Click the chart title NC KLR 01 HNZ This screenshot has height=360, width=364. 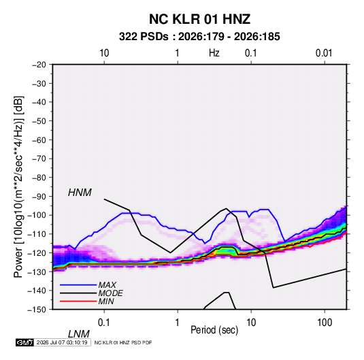(x=199, y=19)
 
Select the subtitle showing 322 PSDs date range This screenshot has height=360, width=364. (x=199, y=37)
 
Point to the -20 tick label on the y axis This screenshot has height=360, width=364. (x=39, y=65)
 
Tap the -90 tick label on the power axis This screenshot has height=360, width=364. (x=39, y=197)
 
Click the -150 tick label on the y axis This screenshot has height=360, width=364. (x=37, y=310)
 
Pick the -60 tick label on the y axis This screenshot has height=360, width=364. (x=39, y=140)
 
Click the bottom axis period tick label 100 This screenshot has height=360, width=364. (x=325, y=323)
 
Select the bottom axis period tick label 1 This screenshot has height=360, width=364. (x=178, y=323)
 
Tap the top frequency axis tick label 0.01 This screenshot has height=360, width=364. (x=324, y=53)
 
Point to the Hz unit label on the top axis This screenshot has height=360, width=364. (x=214, y=53)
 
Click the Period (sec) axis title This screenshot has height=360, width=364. (x=214, y=330)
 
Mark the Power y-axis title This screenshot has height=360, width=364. (x=18, y=186)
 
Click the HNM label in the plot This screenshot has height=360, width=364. (x=80, y=193)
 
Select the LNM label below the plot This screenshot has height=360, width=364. (x=78, y=334)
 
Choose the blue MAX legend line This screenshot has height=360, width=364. (x=78, y=285)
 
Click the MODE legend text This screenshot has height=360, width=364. (x=110, y=293)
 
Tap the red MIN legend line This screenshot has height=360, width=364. (x=78, y=301)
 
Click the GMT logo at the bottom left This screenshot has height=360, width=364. (x=24, y=342)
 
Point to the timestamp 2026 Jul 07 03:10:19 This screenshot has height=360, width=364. (x=62, y=342)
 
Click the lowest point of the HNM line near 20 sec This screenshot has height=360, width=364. (x=274, y=288)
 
